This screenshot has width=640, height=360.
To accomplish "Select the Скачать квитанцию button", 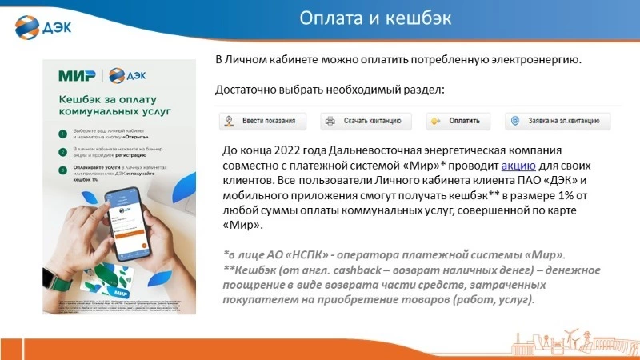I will (366, 122).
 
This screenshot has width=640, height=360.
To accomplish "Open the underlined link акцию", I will (518, 166).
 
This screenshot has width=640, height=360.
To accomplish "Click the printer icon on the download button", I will (330, 122).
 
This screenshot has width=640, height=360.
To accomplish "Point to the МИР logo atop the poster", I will (77, 76).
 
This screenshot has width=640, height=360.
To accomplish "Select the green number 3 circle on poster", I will (62, 169).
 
